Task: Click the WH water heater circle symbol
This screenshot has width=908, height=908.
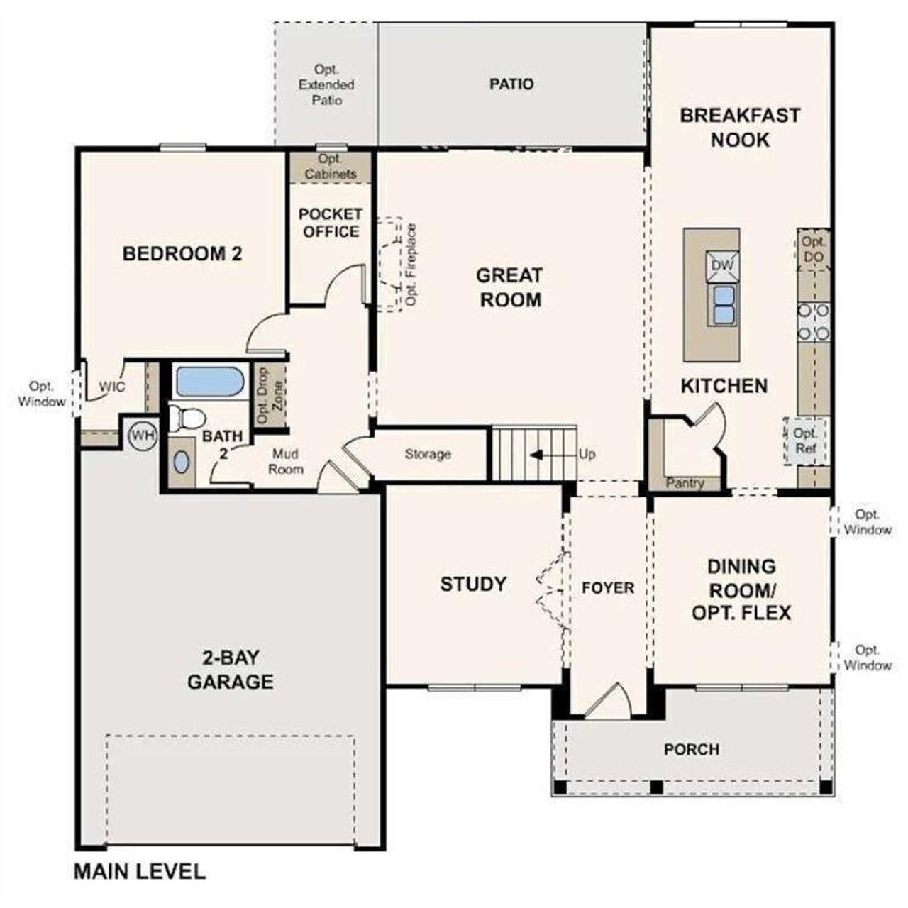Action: tap(143, 436)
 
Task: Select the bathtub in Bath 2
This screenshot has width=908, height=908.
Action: tap(209, 382)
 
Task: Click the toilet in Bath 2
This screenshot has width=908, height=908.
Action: tap(186, 417)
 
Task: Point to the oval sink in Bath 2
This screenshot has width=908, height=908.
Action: tap(182, 463)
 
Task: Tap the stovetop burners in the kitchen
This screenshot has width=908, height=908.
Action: tap(814, 321)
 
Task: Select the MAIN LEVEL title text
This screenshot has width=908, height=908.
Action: tap(140, 871)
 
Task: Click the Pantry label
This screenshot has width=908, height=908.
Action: tap(685, 483)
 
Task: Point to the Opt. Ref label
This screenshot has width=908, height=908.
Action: tap(805, 441)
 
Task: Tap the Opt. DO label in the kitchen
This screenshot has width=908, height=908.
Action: tap(813, 249)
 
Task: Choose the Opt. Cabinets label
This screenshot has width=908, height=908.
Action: tap(331, 167)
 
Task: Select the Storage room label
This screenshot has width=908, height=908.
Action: tap(428, 454)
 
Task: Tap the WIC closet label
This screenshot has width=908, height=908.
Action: tap(112, 387)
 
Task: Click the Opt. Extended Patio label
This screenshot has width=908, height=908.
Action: tap(326, 85)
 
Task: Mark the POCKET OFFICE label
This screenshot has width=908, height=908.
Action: tap(331, 223)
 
